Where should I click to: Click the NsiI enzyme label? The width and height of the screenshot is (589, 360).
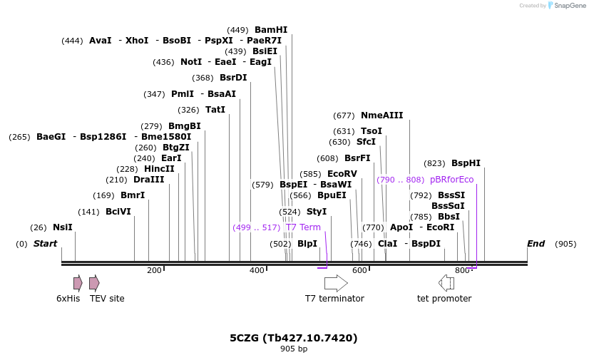pyautogui.click(x=63, y=227)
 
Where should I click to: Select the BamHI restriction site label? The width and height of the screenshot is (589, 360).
pyautogui.click(x=271, y=30)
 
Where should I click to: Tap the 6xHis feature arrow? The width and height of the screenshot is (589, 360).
pyautogui.click(x=77, y=283)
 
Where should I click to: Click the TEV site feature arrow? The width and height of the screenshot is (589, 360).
pyautogui.click(x=94, y=283)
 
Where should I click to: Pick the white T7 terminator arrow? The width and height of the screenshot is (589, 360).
pyautogui.click(x=336, y=283)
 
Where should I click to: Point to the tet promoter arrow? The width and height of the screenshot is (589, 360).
pyautogui.click(x=446, y=283)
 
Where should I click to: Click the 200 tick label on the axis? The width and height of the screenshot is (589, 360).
pyautogui.click(x=154, y=271)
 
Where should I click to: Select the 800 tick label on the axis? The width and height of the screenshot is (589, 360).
pyautogui.click(x=462, y=271)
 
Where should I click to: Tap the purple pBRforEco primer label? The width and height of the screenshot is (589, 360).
pyautogui.click(x=451, y=180)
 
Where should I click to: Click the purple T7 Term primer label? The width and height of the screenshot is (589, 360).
pyautogui.click(x=303, y=227)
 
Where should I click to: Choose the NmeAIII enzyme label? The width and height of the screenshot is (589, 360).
pyautogui.click(x=381, y=115)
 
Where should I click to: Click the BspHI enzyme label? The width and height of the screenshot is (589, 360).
pyautogui.click(x=466, y=163)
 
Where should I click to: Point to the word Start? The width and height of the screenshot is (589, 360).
pyautogui.click(x=45, y=244)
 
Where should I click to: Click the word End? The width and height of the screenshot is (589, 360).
pyautogui.click(x=536, y=244)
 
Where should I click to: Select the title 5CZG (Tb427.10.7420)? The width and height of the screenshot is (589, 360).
pyautogui.click(x=293, y=338)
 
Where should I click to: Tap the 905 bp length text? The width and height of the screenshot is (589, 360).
pyautogui.click(x=293, y=349)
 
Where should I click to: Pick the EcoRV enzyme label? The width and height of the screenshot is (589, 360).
pyautogui.click(x=342, y=174)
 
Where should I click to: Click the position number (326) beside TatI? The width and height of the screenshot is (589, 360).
pyautogui.click(x=188, y=110)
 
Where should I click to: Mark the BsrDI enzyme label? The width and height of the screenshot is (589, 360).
pyautogui.click(x=233, y=78)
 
